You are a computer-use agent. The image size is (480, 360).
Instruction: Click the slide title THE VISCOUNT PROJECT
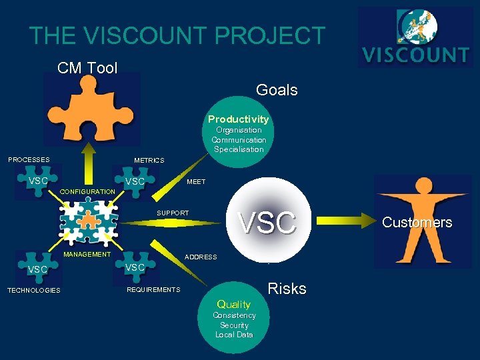point(177,36)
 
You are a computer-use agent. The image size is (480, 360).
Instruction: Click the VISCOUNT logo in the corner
point(415,37)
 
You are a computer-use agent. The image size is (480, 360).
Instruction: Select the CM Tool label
point(87,67)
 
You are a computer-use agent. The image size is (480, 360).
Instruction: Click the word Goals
point(277,90)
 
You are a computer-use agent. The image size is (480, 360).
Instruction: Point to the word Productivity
point(239,119)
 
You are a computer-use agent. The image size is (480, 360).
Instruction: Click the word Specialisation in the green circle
point(239,149)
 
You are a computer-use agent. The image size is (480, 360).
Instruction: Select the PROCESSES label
point(29,160)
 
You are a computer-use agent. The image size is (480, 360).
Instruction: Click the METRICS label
point(149,161)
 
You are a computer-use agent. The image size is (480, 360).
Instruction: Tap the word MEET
point(196,182)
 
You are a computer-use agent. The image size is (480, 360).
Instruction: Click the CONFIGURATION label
point(87,192)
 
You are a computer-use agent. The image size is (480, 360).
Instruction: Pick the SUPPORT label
point(173,213)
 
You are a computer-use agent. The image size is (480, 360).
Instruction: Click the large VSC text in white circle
point(267,223)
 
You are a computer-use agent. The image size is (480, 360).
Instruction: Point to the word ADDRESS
point(201,257)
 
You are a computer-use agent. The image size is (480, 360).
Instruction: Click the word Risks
point(287,289)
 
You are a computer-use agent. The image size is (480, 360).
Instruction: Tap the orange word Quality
point(234,305)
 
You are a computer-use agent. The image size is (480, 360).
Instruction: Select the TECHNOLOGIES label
point(34,291)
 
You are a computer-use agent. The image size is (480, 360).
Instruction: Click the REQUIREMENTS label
point(153,290)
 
